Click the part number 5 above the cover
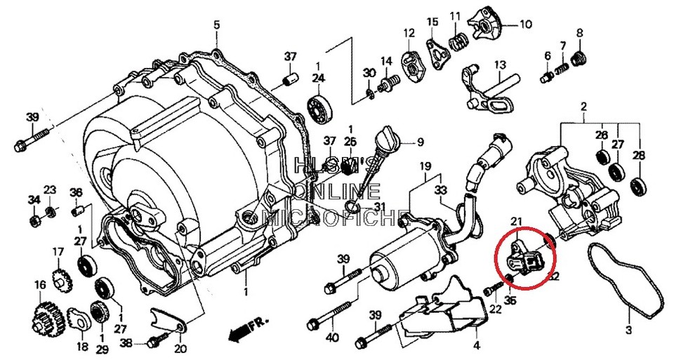point(216,25)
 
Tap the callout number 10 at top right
point(526,23)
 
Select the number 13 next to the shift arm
point(500,65)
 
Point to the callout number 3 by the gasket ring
point(628,329)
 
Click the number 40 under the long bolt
point(332,338)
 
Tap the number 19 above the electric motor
point(424,166)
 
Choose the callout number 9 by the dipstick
point(420,142)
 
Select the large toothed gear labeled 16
point(47,319)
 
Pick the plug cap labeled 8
point(580,57)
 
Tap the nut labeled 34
point(34,222)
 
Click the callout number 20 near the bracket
point(181,349)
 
